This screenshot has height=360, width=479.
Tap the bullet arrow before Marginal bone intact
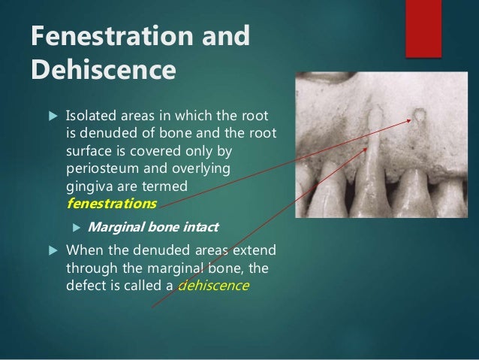click(76, 227)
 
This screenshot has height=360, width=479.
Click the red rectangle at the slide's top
click(423, 28)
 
